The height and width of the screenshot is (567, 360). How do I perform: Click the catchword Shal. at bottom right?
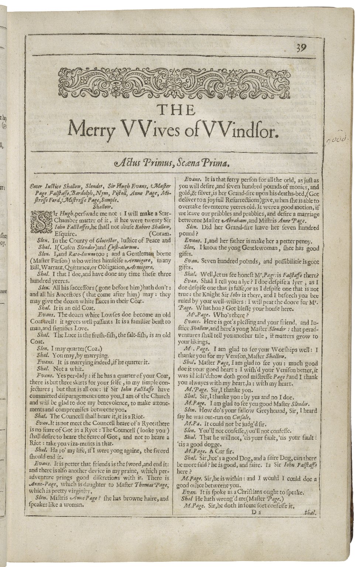tap(307, 513)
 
